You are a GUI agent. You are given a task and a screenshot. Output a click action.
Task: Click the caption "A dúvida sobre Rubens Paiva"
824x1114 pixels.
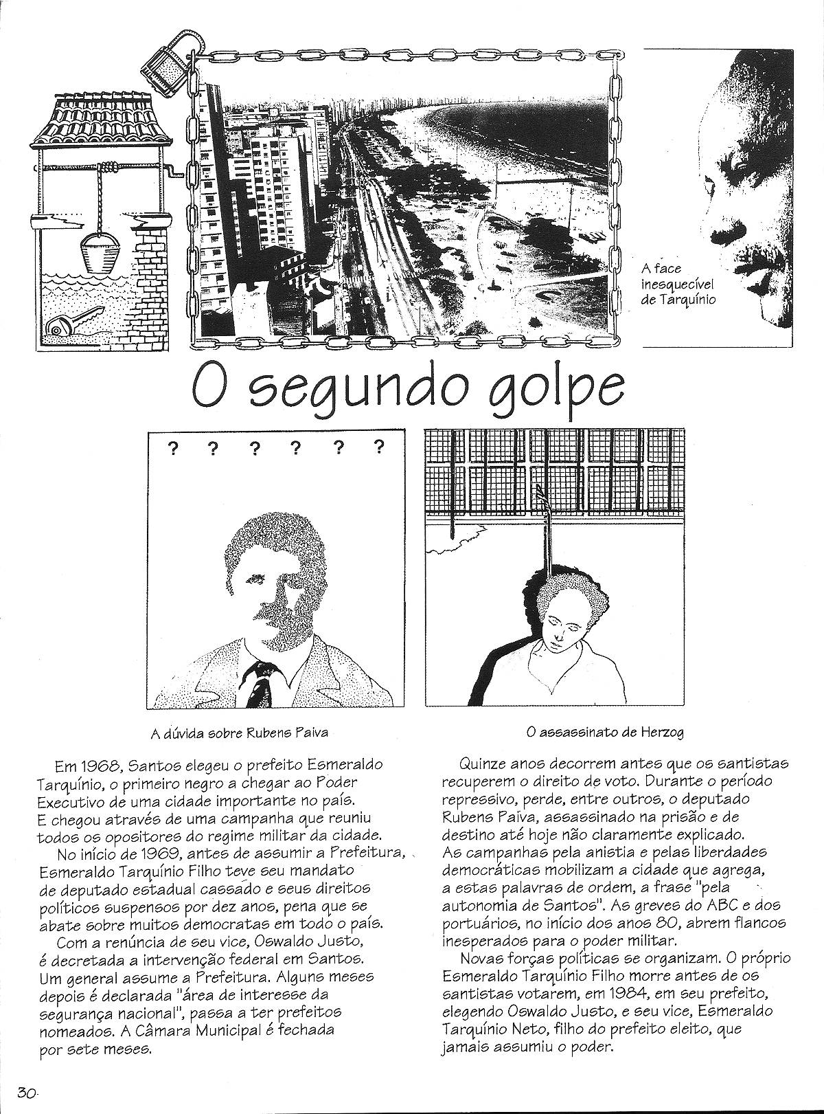(x=239, y=733)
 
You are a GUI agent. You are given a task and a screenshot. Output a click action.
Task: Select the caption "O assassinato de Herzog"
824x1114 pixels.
(x=605, y=733)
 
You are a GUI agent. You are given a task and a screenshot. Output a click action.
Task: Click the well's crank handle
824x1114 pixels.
(x=174, y=176)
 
